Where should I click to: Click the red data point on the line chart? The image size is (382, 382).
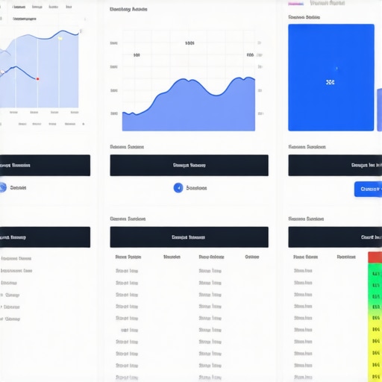point(38,78)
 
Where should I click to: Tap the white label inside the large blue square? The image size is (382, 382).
point(331,82)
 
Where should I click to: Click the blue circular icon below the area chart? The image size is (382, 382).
point(178,188)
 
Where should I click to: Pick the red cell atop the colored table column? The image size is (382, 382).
point(375,257)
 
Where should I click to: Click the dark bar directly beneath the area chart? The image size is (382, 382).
point(189,166)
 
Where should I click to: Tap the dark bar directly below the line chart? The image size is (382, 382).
point(45,166)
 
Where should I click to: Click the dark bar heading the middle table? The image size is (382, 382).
point(189,237)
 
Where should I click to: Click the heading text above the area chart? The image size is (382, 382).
point(128,10)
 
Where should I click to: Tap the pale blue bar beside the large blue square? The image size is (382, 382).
point(379,108)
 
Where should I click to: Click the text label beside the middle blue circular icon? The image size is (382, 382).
point(196,188)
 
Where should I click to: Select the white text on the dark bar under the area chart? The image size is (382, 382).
point(189,166)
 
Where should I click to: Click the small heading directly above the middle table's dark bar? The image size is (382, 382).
point(128,219)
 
